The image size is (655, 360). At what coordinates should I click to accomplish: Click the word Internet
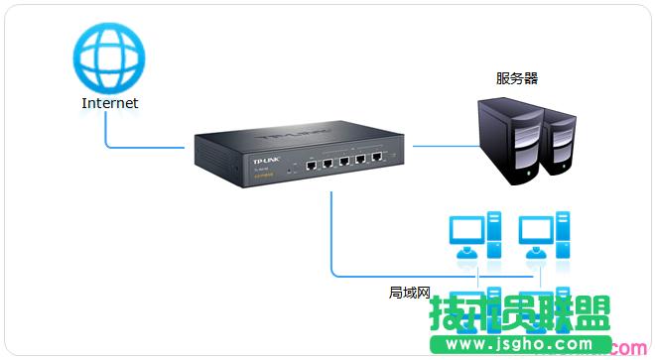click(109, 102)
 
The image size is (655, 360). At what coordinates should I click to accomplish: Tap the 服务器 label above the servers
click(517, 77)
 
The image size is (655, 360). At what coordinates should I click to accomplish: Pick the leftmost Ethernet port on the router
click(311, 164)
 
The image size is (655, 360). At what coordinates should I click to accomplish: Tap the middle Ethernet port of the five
click(344, 161)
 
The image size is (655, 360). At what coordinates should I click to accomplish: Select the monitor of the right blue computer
click(533, 231)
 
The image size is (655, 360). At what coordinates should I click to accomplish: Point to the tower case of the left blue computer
click(493, 236)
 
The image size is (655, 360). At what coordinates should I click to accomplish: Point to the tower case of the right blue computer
click(563, 236)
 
